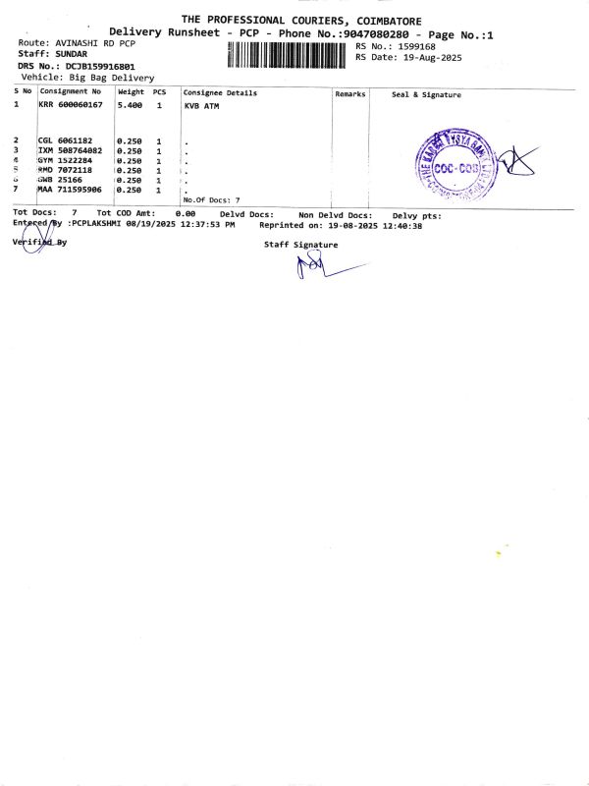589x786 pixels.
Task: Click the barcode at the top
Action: point(289,53)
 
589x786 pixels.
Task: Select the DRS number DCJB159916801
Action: point(93,66)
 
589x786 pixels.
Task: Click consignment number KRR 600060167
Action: point(71,104)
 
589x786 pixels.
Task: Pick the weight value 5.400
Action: point(131,104)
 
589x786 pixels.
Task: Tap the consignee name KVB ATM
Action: point(202,104)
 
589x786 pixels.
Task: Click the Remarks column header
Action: point(349,94)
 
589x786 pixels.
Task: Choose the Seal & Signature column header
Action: point(426,94)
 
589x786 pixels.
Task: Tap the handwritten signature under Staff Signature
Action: point(319,264)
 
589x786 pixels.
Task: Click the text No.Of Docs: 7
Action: point(211,199)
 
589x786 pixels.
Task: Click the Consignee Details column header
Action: point(220,93)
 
